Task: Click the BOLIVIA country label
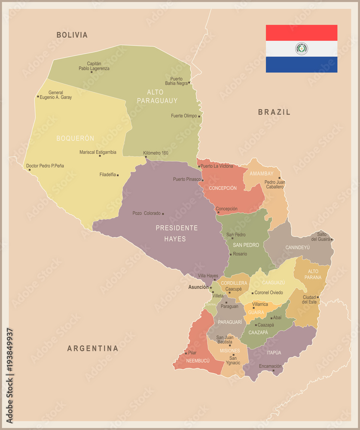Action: pyautogui.click(x=72, y=35)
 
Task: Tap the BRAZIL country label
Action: pyautogui.click(x=274, y=112)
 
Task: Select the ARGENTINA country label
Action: pyautogui.click(x=92, y=348)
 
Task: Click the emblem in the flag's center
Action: pyautogui.click(x=302, y=49)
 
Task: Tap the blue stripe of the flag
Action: pyautogui.click(x=302, y=64)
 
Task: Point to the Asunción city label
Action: pyautogui.click(x=198, y=287)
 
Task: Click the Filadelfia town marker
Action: pyautogui.click(x=118, y=175)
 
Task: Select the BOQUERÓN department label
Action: pyautogui.click(x=75, y=138)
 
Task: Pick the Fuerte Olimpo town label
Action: pyautogui.click(x=184, y=116)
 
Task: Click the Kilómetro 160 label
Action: pyautogui.click(x=156, y=153)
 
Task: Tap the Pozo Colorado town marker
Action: pyautogui.click(x=163, y=213)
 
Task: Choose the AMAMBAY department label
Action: pyautogui.click(x=262, y=173)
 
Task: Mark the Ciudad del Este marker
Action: pyautogui.click(x=318, y=297)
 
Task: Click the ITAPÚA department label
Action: pyautogui.click(x=274, y=353)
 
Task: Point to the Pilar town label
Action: pyautogui.click(x=192, y=353)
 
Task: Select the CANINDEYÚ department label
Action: pyautogui.click(x=297, y=247)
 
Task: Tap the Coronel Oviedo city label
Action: pyautogui.click(x=268, y=292)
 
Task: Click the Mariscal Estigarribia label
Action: pyautogui.click(x=98, y=152)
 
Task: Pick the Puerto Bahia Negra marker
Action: pyautogui.click(x=189, y=82)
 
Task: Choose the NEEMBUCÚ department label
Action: pyautogui.click(x=198, y=360)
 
